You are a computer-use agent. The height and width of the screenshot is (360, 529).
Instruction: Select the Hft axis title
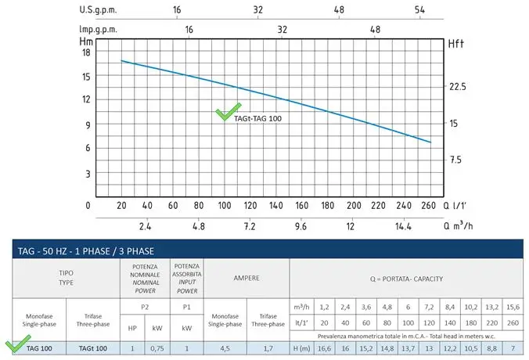point(457,44)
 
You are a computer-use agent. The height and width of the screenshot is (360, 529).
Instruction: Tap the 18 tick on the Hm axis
point(86,52)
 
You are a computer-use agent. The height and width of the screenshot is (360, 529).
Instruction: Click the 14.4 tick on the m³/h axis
point(403,226)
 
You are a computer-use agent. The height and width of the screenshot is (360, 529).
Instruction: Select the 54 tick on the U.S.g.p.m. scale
point(420,10)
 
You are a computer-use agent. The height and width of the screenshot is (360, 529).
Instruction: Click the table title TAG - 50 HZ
point(85,251)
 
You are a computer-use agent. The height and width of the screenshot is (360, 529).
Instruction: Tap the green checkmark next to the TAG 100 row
point(16,346)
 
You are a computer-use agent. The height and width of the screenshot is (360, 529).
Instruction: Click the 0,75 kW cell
point(157,347)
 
